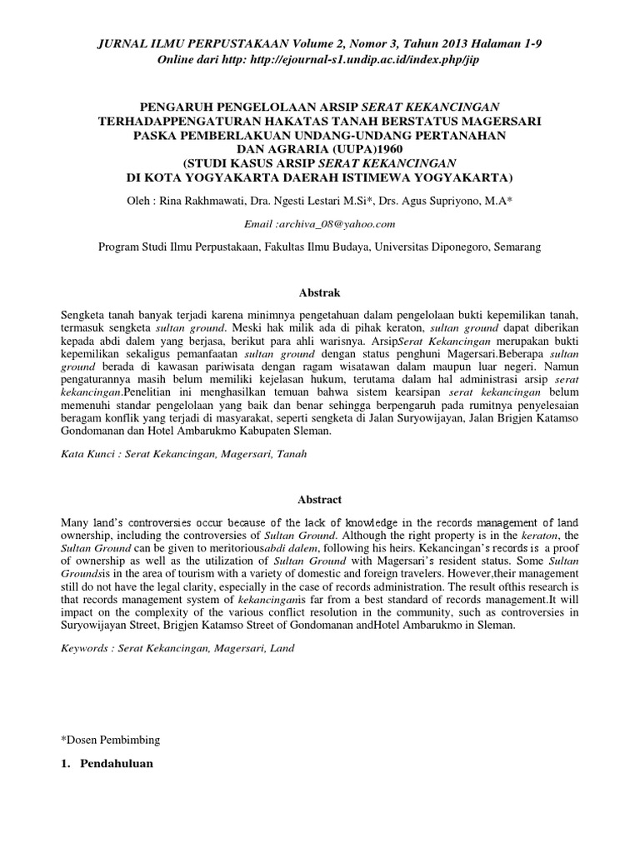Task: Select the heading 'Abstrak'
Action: pyautogui.click(x=320, y=292)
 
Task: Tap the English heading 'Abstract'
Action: pyautogui.click(x=320, y=499)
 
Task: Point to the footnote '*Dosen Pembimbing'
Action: pyautogui.click(x=112, y=739)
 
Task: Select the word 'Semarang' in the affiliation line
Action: pyautogui.click(x=517, y=247)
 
